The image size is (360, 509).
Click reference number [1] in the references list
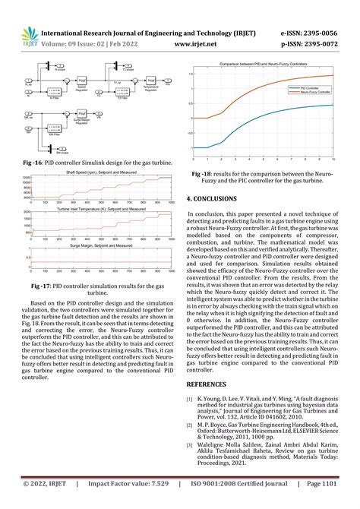tap(189, 399)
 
